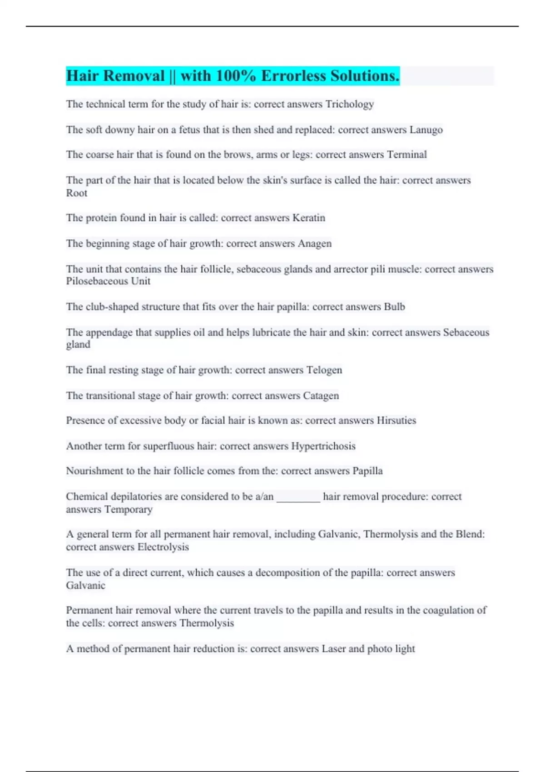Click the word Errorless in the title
[293, 76]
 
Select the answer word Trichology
[350, 104]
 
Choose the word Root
[76, 193]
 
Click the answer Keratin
[309, 218]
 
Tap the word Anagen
[314, 243]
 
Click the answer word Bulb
[394, 307]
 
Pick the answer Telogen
[324, 370]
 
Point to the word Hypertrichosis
[323, 446]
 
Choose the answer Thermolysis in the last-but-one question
[207, 623]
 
